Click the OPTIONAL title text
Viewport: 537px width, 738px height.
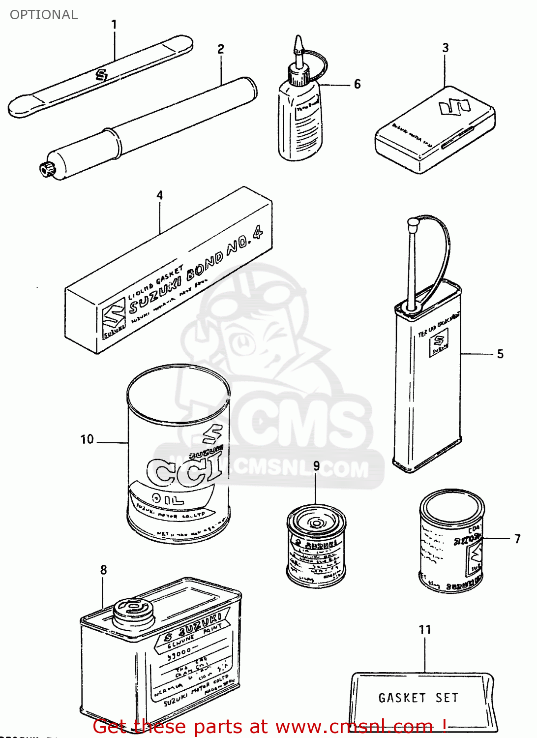pyautogui.click(x=44, y=15)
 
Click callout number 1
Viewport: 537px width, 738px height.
pyautogui.click(x=114, y=24)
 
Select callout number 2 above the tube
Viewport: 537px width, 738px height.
pyautogui.click(x=221, y=49)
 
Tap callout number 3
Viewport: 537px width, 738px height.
pyautogui.click(x=445, y=48)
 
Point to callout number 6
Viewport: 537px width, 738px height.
pyautogui.click(x=358, y=84)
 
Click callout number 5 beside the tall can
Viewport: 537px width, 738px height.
pyautogui.click(x=500, y=354)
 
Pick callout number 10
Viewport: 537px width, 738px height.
pyautogui.click(x=87, y=439)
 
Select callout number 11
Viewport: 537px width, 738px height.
pyautogui.click(x=425, y=630)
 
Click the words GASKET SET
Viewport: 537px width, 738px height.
pyautogui.click(x=418, y=698)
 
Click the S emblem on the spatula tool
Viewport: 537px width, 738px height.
pyautogui.click(x=102, y=75)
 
